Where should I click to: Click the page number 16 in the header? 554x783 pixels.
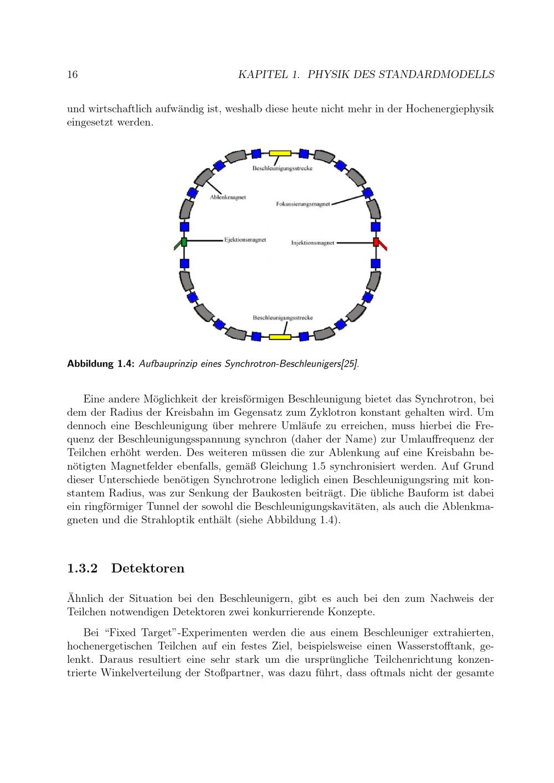pos(73,75)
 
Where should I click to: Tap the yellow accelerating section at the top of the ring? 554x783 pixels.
pos(280,153)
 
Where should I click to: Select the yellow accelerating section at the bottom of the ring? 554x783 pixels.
pos(280,336)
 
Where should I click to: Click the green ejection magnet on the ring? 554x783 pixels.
pos(184,242)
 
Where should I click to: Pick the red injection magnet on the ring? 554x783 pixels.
pos(376,243)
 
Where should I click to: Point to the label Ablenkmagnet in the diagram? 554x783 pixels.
pos(228,197)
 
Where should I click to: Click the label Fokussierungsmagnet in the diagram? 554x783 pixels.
pos(302,204)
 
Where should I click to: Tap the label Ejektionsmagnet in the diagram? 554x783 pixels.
pos(245,240)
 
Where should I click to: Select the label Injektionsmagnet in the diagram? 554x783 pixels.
pos(312,243)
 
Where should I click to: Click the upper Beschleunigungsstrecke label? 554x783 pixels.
pos(282,168)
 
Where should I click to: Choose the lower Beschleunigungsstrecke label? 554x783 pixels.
pos(283,318)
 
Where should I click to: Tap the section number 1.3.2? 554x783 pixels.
pos(82,568)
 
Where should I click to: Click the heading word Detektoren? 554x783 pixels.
pos(147,568)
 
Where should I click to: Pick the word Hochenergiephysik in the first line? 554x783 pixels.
pos(449,109)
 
